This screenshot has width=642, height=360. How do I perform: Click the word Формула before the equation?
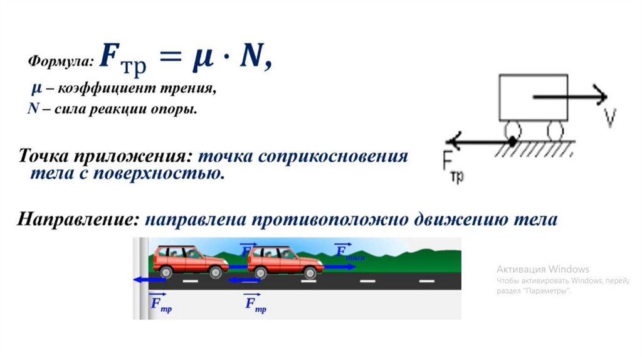click(60, 61)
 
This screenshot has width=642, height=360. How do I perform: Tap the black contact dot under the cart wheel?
click(513, 142)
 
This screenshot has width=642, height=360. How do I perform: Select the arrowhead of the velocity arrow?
click(602, 97)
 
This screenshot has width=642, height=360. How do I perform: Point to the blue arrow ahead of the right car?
click(340, 267)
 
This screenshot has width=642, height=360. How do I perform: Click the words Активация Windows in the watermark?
click(543, 269)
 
